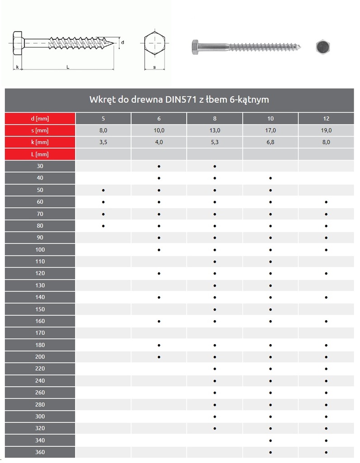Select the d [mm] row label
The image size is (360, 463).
40,118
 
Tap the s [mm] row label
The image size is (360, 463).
40,130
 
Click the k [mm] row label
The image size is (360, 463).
40,142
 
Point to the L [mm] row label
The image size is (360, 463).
40,154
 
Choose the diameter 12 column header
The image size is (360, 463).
326,118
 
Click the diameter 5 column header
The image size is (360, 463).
103,118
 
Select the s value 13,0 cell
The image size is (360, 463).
215,130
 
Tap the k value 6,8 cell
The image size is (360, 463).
270,142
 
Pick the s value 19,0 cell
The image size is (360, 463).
326,130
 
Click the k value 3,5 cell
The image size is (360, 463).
103,142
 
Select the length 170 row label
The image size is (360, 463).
40,333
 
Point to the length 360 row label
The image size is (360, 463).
40,452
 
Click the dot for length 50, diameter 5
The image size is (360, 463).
104,190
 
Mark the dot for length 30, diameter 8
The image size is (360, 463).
215,166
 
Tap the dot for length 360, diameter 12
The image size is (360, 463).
326,452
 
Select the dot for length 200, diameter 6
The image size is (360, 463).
159,357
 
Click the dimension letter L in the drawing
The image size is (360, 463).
67,67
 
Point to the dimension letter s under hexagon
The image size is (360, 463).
154,67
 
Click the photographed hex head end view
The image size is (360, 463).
323,47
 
